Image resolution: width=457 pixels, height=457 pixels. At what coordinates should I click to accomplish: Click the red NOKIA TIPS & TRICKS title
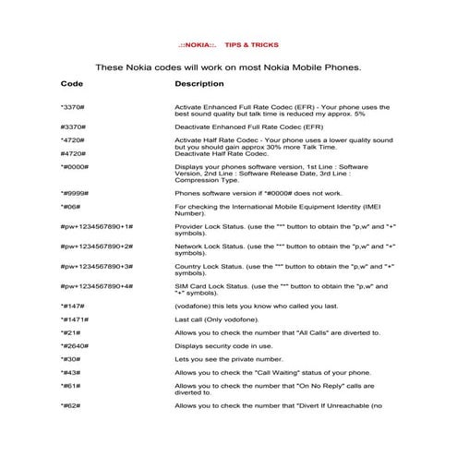226,44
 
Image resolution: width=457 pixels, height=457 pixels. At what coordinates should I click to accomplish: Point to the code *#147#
73,305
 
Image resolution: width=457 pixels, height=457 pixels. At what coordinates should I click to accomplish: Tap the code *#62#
70,405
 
